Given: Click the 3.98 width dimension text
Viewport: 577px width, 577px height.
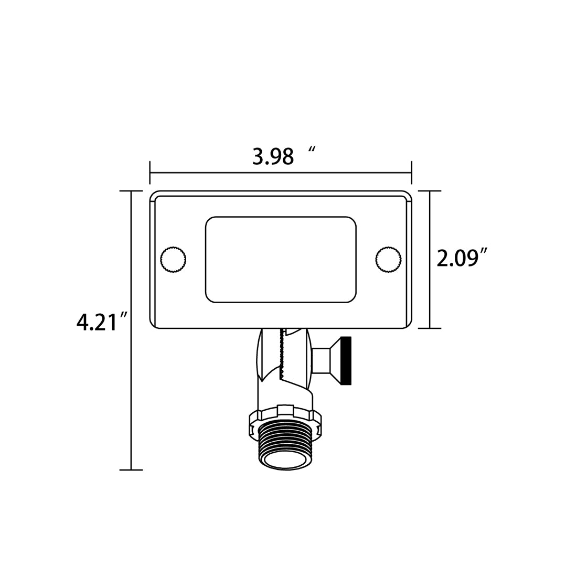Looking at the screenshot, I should [x=273, y=157].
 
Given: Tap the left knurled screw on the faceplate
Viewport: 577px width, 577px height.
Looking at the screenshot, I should [x=173, y=259].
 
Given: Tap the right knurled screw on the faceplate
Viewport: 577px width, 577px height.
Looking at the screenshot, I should [x=389, y=259].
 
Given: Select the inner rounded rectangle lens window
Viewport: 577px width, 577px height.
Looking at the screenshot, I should [x=281, y=260].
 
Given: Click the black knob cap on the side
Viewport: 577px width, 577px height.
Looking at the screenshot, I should [x=346, y=360].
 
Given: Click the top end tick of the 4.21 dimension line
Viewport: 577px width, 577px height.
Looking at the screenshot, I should [x=131, y=191].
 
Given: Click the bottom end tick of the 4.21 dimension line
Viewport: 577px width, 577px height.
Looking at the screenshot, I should [x=131, y=469].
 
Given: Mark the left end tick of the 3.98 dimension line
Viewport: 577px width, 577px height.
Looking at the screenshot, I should [x=150, y=173].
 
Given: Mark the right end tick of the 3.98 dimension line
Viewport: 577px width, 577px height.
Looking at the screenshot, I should [x=411, y=173].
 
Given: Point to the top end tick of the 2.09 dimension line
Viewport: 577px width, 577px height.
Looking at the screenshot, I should [x=430, y=191].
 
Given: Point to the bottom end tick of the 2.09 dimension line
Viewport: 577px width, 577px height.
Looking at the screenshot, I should [x=430, y=328].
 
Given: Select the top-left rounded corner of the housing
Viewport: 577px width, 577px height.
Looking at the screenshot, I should [x=154, y=195].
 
